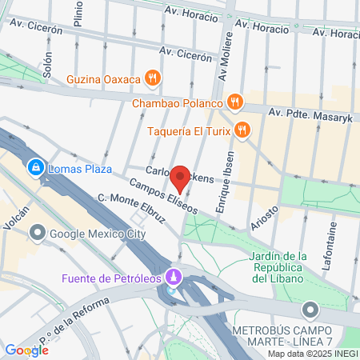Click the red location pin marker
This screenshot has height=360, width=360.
coord(180,179)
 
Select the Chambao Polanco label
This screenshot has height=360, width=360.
coord(176,102)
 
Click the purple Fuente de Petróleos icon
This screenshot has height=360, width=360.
coord(174,278)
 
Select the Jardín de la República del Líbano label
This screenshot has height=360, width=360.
coord(279,267)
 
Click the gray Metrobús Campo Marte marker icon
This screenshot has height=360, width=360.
coord(310,310)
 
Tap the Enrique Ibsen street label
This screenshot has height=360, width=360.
coord(224,183)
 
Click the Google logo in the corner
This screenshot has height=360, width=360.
coord(26,350)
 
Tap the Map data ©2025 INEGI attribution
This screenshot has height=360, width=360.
coord(312,354)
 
